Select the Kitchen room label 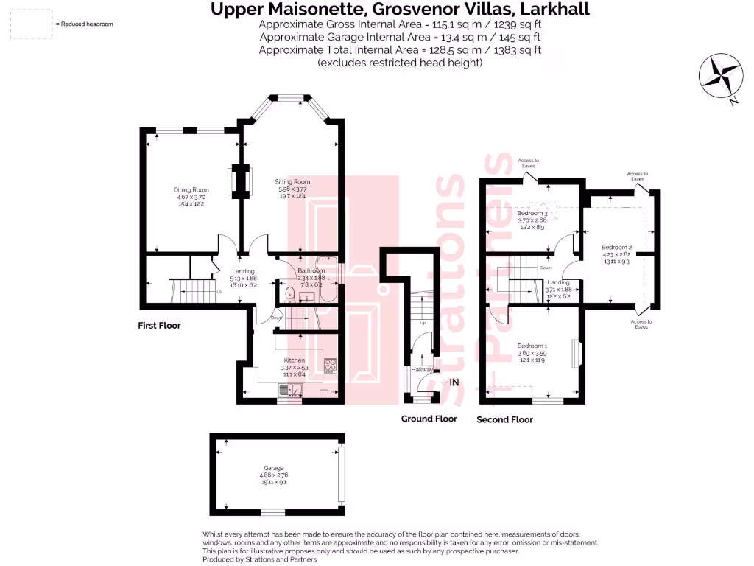(295, 360)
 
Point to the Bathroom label (310, 271)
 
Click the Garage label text (274, 468)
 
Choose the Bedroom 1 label (532, 346)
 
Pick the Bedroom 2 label (616, 247)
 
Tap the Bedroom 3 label (532, 213)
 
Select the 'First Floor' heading (159, 325)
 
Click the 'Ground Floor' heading (429, 419)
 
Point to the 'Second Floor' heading (505, 419)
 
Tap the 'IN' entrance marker (454, 382)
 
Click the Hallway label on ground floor (423, 370)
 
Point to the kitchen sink (290, 390)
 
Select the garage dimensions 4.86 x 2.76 (274, 475)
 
